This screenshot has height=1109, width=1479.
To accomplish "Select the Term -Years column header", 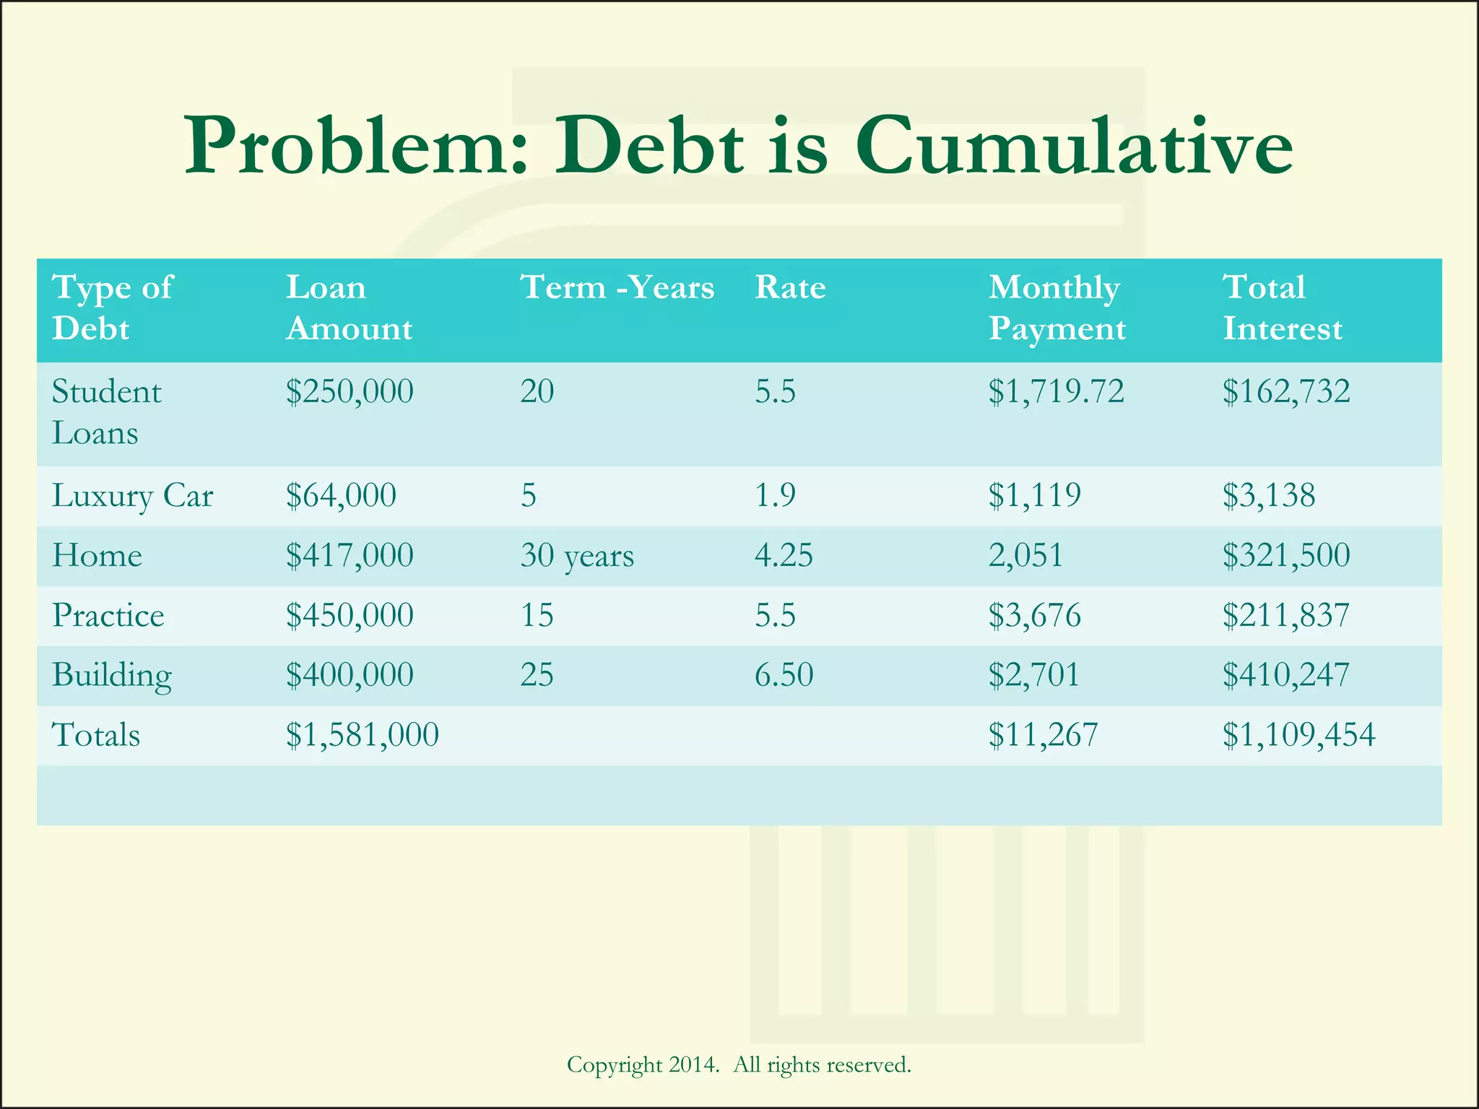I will click(x=617, y=287).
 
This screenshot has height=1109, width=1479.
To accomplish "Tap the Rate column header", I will click(x=790, y=287).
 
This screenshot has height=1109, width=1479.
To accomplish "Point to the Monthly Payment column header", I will click(x=1057, y=308).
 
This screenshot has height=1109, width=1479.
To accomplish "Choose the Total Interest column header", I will click(x=1282, y=308).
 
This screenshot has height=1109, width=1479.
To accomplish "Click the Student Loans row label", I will click(x=106, y=412).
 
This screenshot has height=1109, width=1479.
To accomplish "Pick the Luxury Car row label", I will click(x=132, y=496).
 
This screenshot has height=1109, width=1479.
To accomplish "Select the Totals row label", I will click(x=96, y=735).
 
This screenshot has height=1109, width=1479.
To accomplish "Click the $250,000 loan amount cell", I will click(x=350, y=391).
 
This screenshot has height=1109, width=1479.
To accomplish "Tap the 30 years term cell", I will click(x=576, y=556).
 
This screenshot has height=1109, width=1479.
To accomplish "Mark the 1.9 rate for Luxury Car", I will click(x=775, y=495).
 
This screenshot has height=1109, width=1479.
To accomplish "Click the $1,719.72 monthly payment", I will click(x=1056, y=391).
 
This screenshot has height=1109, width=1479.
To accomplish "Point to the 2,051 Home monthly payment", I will click(x=1025, y=556).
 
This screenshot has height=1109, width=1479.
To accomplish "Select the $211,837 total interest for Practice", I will click(x=1285, y=615).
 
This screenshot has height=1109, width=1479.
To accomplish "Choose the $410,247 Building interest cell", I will click(x=1285, y=675).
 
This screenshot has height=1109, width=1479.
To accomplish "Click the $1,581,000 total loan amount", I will click(x=362, y=735).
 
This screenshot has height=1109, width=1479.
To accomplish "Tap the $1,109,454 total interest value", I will click(x=1298, y=735).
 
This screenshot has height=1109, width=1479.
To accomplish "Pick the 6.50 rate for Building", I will click(x=784, y=675).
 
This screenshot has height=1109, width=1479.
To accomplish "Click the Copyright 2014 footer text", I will click(x=738, y=1064).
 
